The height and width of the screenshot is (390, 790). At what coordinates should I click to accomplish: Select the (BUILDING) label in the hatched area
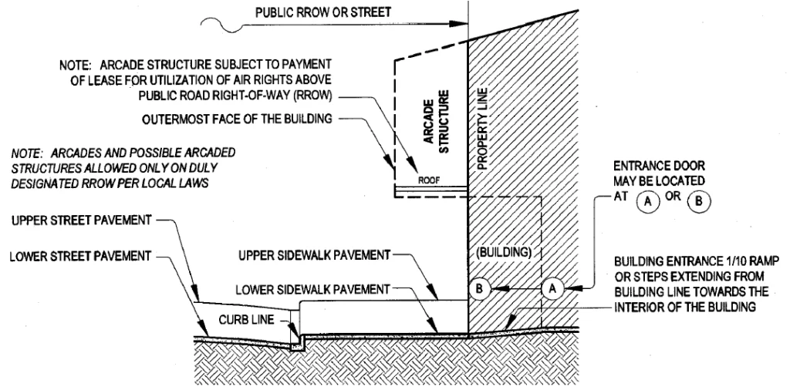coord(501,252)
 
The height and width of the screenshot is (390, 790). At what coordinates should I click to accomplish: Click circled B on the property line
coord(479,289)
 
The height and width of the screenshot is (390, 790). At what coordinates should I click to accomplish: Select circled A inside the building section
coord(552,288)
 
